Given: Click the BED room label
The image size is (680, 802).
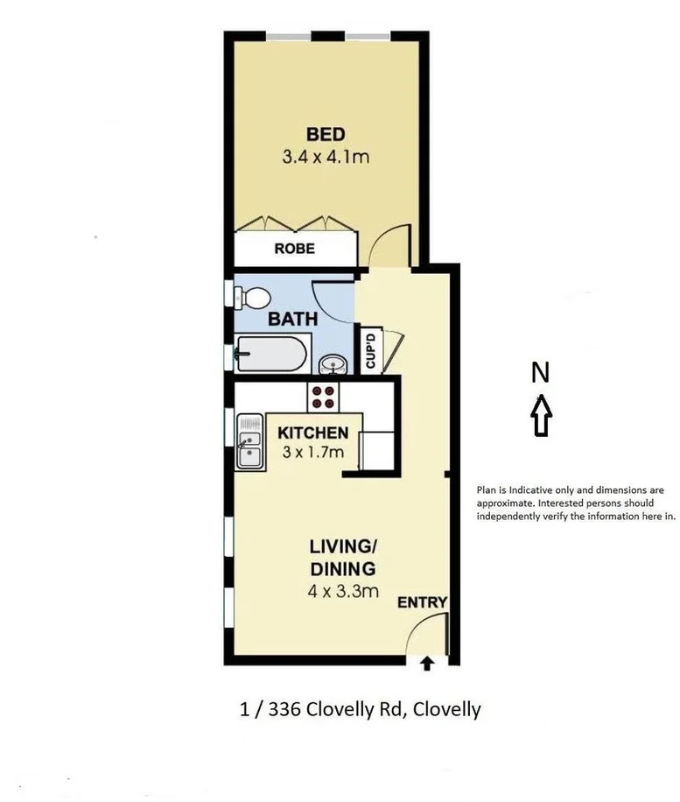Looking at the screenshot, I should tap(326, 134).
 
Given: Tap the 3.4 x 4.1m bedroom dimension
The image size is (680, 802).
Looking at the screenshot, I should tap(326, 159).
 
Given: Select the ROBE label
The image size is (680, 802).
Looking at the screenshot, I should tap(294, 249).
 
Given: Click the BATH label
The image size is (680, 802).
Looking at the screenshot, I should tap(292, 319).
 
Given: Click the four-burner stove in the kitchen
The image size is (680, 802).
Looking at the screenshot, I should tap(323, 397).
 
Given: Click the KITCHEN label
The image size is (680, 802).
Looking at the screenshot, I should tap(312, 433).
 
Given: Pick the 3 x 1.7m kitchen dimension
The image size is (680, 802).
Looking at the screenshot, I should tap(312, 452).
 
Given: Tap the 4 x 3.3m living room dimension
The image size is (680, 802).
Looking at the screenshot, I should tap(342, 591).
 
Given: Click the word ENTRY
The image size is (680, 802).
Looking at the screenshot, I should tap(422, 603).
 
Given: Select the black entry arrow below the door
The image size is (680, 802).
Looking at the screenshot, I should tap(427, 664).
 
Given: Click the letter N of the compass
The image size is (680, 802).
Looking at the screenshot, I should tap(541, 374).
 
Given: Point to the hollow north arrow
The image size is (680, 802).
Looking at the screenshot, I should tap(542, 414).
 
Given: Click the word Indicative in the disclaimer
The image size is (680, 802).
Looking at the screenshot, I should tap(534, 490).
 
